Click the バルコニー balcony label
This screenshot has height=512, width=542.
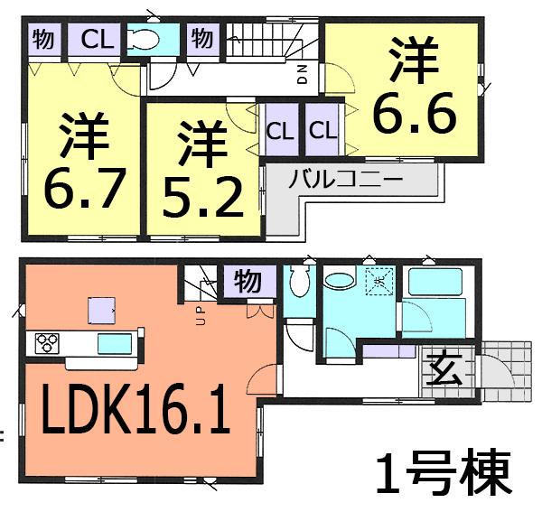[x=345, y=179]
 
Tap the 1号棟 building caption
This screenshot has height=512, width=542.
[x=444, y=471]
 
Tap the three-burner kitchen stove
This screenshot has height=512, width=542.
[x=47, y=343]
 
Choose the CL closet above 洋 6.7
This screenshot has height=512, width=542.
[x=93, y=41]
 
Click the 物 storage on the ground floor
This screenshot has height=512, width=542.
[x=248, y=281]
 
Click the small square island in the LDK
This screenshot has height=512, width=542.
[x=101, y=311]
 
